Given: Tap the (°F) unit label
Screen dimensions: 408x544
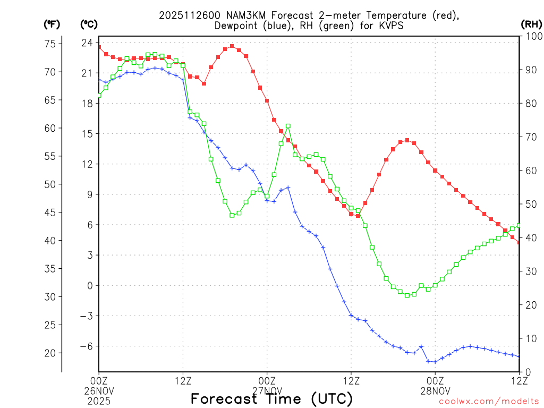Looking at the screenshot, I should (x=52, y=24).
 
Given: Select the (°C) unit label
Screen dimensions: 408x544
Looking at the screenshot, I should (x=88, y=24).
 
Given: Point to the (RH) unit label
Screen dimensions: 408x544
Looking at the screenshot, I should (x=531, y=24).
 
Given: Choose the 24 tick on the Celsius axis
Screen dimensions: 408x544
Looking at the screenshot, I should (x=87, y=42).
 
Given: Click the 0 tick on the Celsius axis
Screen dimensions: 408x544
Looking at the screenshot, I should (x=90, y=286).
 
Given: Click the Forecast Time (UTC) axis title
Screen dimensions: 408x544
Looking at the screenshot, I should (x=271, y=398).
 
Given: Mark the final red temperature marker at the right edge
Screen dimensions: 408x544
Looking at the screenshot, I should (x=518, y=243).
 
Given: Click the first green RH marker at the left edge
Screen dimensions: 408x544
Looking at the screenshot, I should (x=99, y=95).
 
